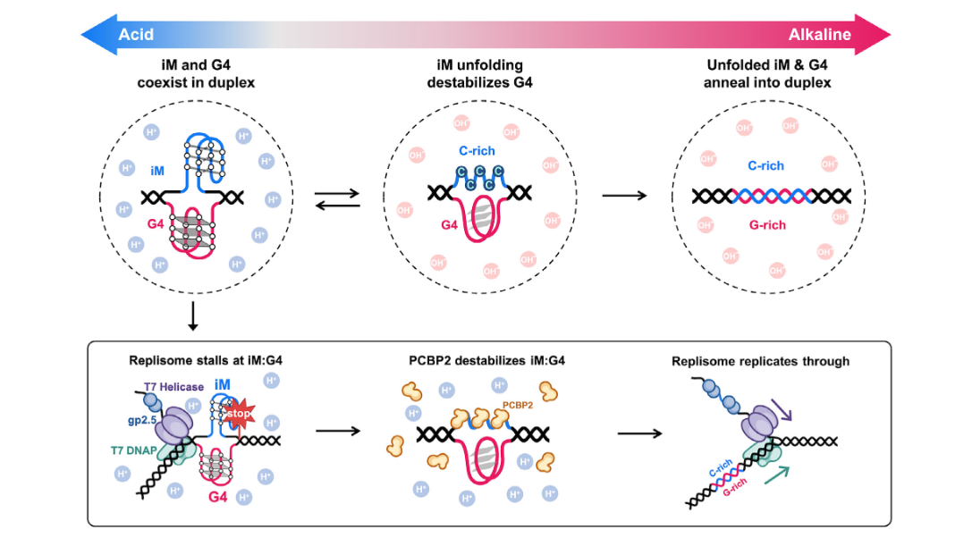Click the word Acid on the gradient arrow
pyautogui.click(x=136, y=35)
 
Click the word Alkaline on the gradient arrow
pyautogui.click(x=819, y=35)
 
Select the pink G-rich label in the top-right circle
pyautogui.click(x=766, y=225)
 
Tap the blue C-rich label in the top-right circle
pyautogui.click(x=766, y=166)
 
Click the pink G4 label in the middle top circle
pyautogui.click(x=449, y=225)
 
